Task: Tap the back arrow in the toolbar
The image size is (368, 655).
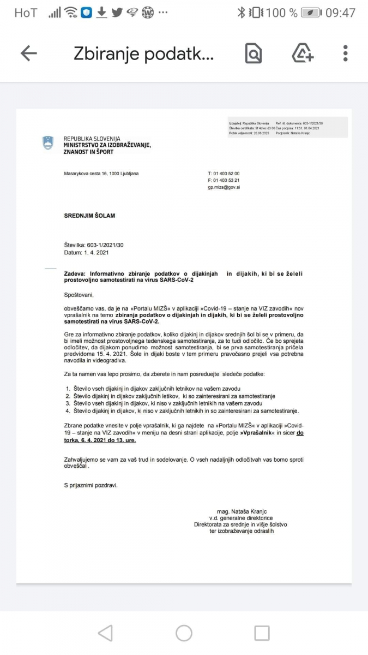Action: pyautogui.click(x=28, y=53)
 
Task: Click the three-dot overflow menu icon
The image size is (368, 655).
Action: pyautogui.click(x=346, y=53)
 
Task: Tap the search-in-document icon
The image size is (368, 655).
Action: pyautogui.click(x=254, y=53)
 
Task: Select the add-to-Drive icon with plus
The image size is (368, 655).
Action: pyautogui.click(x=302, y=53)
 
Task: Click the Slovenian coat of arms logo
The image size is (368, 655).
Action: pyautogui.click(x=48, y=144)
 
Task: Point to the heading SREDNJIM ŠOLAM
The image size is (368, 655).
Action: pyautogui.click(x=89, y=216)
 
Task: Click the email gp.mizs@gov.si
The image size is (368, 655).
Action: pyautogui.click(x=224, y=187)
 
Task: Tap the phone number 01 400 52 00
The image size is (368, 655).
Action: pyautogui.click(x=226, y=174)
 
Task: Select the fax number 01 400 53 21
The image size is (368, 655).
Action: pyautogui.click(x=226, y=180)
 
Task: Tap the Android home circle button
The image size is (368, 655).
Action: pyautogui.click(x=184, y=633)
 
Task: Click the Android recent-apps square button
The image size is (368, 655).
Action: pyautogui.click(x=262, y=633)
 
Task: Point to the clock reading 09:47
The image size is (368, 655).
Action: pyautogui.click(x=340, y=13)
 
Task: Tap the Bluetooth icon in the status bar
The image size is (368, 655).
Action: pyautogui.click(x=241, y=13)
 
